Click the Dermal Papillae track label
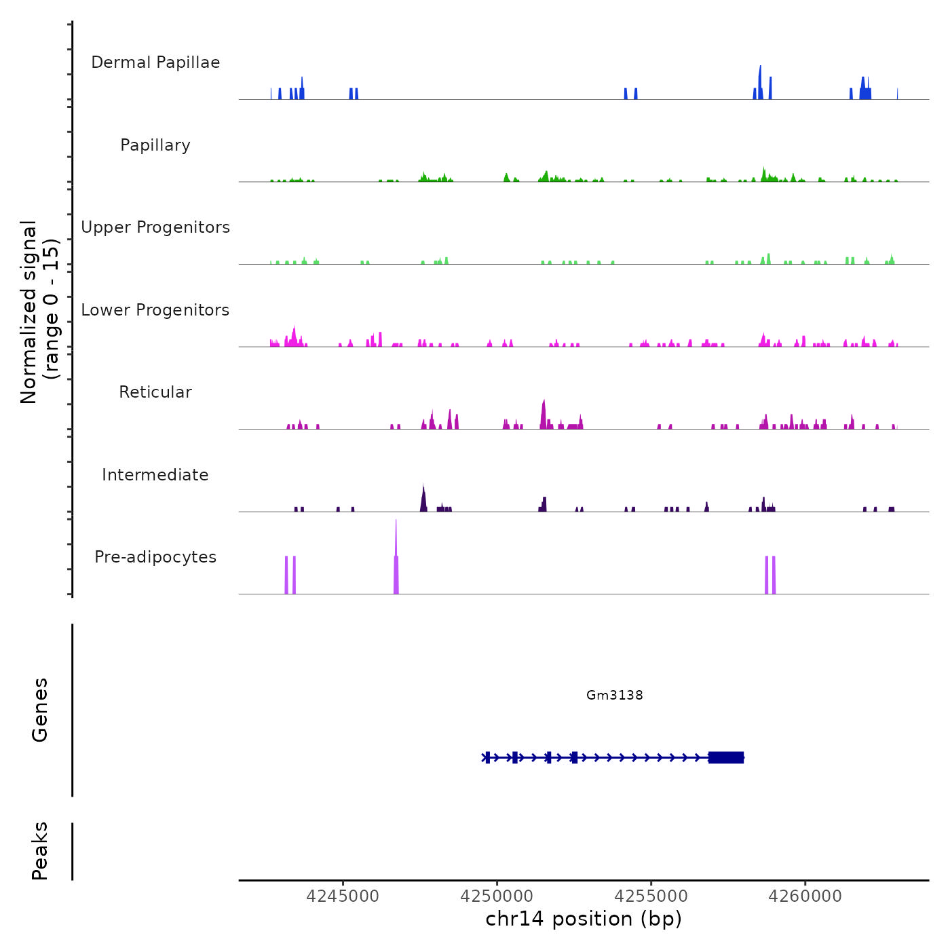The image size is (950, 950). coord(155,62)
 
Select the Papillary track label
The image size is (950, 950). coord(155,145)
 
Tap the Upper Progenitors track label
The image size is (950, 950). coord(155,227)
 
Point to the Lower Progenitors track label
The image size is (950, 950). coord(155,310)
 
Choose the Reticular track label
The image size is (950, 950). coord(155,392)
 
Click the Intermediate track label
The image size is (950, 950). coord(155,475)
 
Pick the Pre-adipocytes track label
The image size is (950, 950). coord(155,557)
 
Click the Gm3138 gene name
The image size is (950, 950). coord(614,695)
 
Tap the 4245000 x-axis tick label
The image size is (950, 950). coord(343,896)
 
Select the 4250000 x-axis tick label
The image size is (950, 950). coord(497,896)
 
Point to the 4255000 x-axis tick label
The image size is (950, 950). coord(651,896)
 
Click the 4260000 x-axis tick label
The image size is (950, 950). coord(805,896)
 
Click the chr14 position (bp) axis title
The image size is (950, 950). coord(584,919)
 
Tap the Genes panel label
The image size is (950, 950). coord(39,710)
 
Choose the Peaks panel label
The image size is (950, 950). coord(39,851)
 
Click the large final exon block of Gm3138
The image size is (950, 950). coord(726,757)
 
